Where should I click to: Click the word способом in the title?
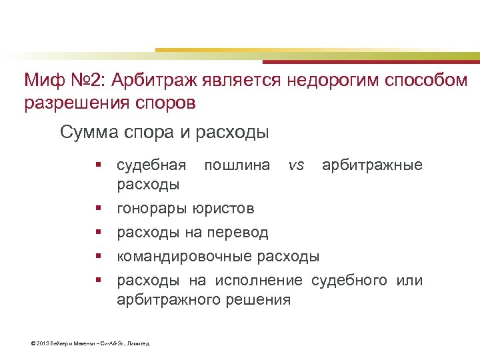coord(427,81)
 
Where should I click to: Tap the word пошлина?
coord(237,165)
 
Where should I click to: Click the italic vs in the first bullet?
coord(296,165)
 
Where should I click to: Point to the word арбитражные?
coord(372,165)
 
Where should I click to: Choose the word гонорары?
coord(151,209)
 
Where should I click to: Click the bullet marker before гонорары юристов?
coord(97,209)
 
